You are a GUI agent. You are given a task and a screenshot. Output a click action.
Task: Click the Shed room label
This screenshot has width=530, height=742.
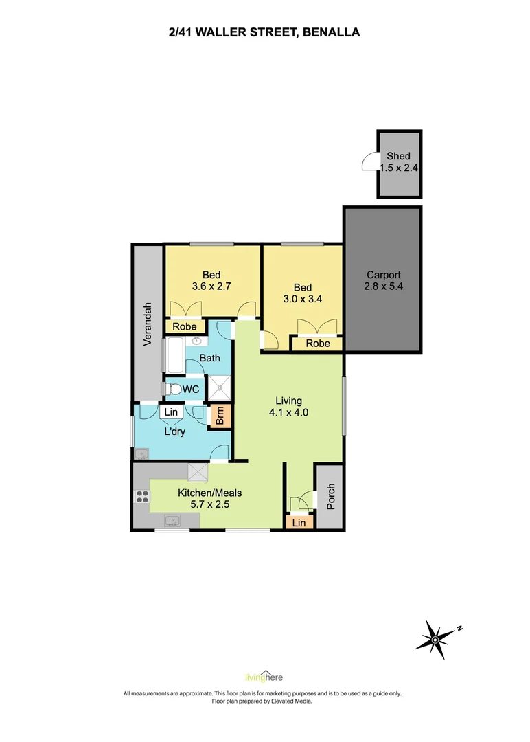point(398,156)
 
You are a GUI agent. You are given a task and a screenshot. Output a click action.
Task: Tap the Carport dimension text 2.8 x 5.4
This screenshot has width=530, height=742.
point(383,286)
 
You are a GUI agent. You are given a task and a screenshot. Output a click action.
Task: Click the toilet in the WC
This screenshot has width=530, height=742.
point(174,390)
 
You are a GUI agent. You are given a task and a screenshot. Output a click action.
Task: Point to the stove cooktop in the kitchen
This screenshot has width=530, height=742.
point(142,496)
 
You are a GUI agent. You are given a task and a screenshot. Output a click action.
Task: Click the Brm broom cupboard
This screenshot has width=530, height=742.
point(220,417)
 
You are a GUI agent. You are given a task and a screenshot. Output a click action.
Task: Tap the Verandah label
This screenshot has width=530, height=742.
point(147,326)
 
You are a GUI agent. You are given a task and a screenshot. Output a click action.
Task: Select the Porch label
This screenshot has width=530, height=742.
point(330,497)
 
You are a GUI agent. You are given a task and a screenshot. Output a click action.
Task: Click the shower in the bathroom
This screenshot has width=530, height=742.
point(221,389)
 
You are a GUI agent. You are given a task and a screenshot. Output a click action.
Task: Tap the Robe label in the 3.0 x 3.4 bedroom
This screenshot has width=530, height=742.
point(318,344)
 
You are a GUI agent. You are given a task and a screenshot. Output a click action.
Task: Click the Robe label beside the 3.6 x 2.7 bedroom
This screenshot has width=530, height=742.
point(184,327)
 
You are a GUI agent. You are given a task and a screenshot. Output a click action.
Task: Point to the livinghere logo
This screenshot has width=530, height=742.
point(264,676)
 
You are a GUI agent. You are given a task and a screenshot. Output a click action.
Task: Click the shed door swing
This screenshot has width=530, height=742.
point(369,161)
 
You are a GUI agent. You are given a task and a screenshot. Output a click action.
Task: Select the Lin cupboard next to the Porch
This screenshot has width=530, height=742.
point(299,523)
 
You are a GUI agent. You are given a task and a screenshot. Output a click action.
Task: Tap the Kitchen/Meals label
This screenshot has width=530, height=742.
point(209,493)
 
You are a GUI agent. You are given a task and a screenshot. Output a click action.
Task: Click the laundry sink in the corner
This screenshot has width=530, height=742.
point(141,453)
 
